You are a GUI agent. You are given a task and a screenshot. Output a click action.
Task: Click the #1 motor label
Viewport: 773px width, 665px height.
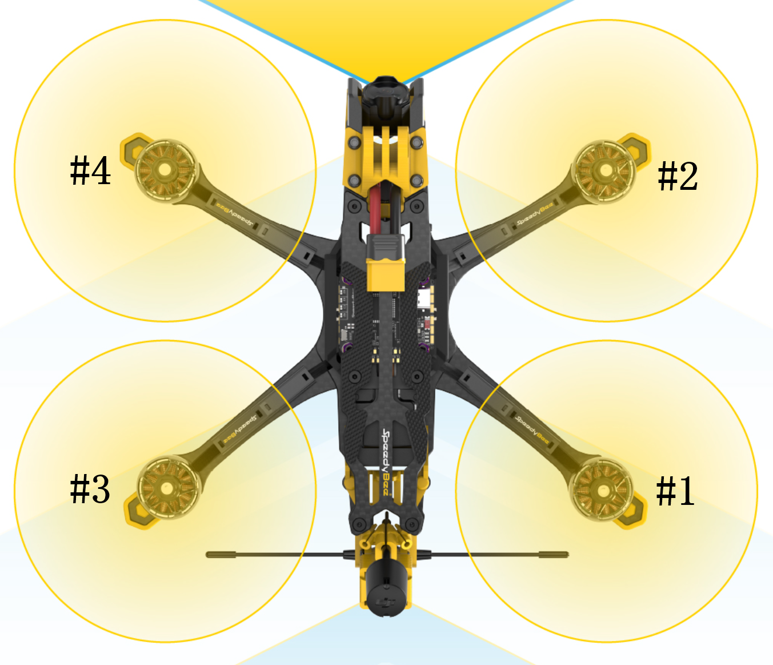(675, 491)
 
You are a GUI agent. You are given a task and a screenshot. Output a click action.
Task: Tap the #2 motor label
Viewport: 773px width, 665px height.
(678, 176)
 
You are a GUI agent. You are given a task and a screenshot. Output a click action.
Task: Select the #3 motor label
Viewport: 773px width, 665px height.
(90, 489)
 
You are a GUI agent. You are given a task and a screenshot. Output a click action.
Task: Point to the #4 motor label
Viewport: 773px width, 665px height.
(90, 170)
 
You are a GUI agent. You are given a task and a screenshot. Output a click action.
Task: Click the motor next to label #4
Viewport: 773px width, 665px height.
(165, 170)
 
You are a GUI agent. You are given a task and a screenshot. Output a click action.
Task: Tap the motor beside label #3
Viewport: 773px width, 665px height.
(169, 488)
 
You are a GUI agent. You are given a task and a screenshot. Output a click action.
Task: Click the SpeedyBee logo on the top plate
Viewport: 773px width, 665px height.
(386, 463)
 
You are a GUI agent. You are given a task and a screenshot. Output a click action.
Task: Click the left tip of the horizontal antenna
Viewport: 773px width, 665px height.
(208, 555)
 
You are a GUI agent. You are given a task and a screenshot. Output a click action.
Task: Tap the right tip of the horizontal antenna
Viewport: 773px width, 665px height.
(567, 555)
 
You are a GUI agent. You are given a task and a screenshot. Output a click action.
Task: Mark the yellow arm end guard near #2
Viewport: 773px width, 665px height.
(635, 150)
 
